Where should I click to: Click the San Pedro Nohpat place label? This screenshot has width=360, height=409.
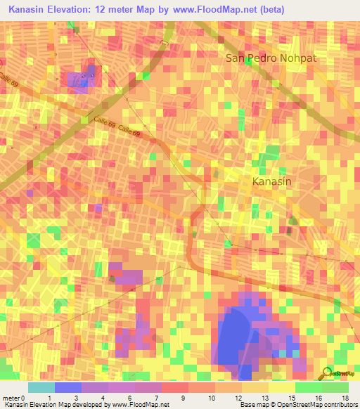(271, 58)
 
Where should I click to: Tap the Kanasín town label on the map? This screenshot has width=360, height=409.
(271, 182)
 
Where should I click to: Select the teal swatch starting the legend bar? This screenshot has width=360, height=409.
(41, 387)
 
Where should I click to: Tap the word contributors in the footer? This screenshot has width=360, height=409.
(340, 405)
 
